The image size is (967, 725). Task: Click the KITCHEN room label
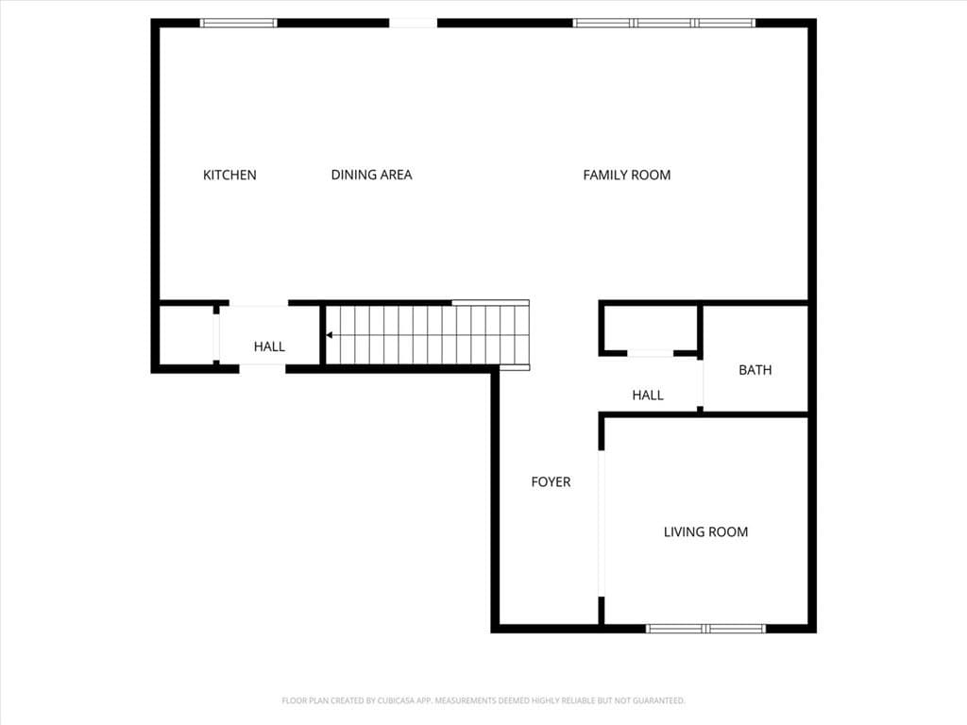[229, 175]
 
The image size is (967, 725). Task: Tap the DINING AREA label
[371, 175]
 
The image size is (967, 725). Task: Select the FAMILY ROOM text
[627, 175]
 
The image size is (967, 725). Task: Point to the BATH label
[755, 370]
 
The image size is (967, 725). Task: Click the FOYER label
[551, 482]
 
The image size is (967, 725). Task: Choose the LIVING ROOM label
[705, 532]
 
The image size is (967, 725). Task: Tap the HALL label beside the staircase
[269, 346]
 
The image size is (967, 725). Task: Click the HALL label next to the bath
[648, 396]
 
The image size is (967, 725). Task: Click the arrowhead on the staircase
[330, 335]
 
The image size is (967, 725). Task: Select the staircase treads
[428, 335]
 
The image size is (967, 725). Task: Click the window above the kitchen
[239, 24]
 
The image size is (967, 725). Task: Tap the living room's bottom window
[705, 629]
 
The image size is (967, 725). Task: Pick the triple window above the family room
[664, 24]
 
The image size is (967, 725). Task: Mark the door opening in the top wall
[414, 24]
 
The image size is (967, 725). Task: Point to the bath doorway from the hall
[700, 383]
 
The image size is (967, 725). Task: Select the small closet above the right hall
[651, 328]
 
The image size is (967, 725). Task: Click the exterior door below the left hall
[263, 369]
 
